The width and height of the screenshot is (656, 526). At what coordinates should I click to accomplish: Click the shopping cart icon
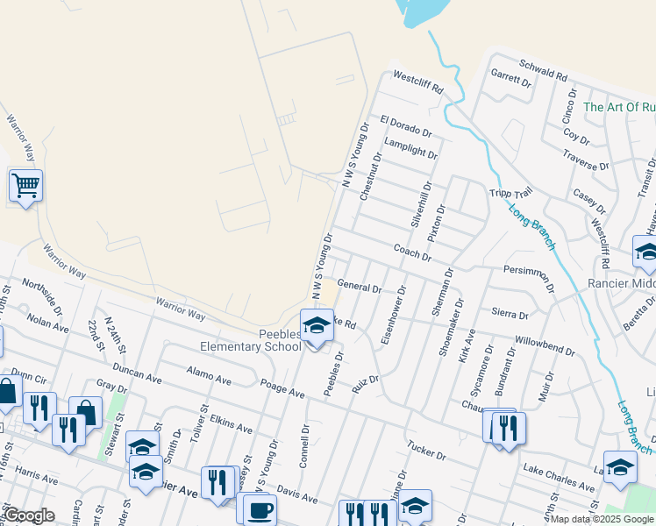click(x=25, y=186)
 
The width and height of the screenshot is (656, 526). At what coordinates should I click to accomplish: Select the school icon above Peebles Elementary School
click(x=317, y=327)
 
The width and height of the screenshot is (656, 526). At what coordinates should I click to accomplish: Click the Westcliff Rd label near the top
click(x=418, y=83)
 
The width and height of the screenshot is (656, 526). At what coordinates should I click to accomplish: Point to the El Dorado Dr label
click(x=406, y=124)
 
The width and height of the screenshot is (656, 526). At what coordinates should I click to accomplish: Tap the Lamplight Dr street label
click(x=410, y=148)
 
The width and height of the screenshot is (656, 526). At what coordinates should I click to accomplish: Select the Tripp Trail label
click(x=510, y=194)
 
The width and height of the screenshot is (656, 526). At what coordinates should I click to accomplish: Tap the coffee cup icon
click(x=259, y=509)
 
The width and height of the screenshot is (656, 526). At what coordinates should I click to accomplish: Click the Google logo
click(x=29, y=515)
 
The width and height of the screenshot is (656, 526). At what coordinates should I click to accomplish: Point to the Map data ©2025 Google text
click(x=602, y=519)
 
